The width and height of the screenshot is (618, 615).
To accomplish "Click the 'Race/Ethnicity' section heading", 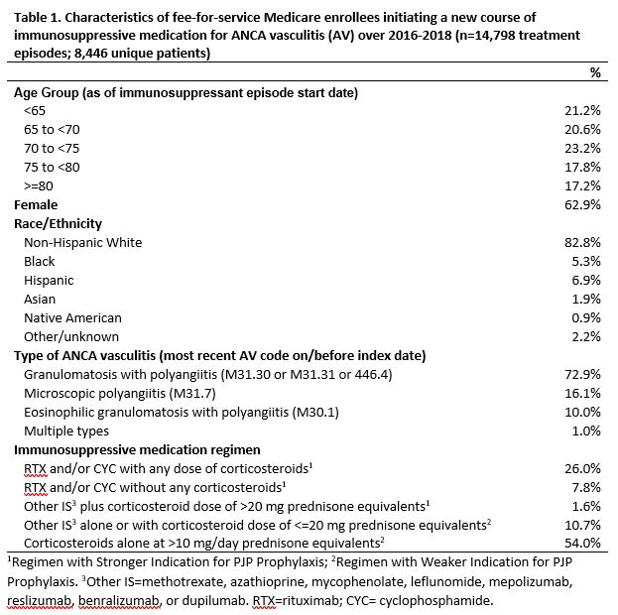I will pos(59,223).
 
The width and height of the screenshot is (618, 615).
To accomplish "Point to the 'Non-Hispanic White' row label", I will pos(82,242).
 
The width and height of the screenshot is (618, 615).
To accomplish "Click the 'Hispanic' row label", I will pos(49,280).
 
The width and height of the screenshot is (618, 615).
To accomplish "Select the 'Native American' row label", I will pos(72,317).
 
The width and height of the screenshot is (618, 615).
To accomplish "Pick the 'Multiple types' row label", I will pos(66,430).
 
